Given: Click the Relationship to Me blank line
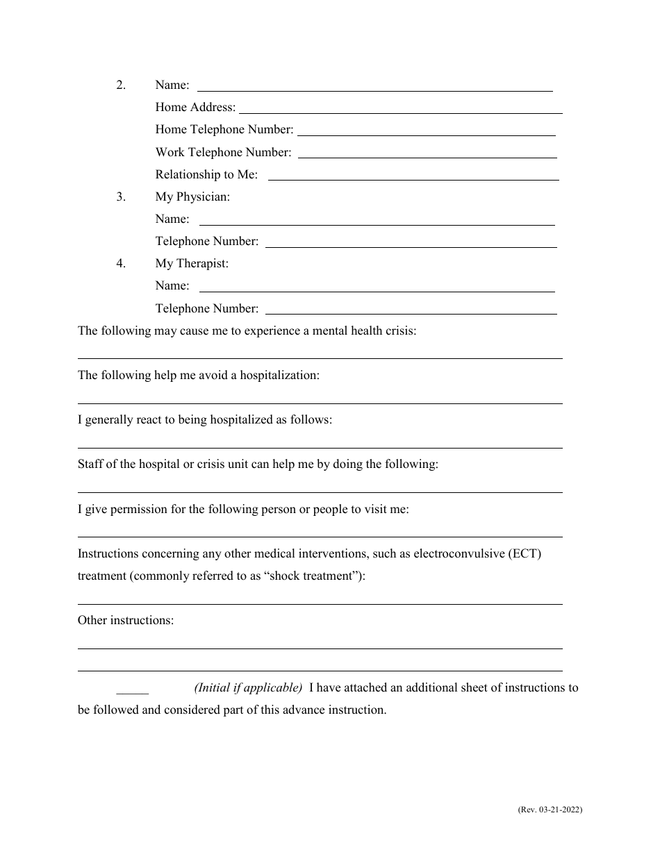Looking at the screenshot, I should coord(413,178).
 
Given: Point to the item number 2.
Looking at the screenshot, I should coord(121,85).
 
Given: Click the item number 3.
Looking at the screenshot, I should coord(121,196).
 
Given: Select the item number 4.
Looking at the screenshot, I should coord(121,263).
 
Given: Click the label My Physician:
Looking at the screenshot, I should coord(192,196).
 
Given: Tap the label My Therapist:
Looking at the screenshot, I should coord(192,263).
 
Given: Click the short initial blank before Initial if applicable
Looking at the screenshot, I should coord(132,692).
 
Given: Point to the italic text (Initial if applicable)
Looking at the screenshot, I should coord(248,687).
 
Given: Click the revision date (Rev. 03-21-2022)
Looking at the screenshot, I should coord(550,810).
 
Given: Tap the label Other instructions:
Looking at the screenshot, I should coord(126,620).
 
